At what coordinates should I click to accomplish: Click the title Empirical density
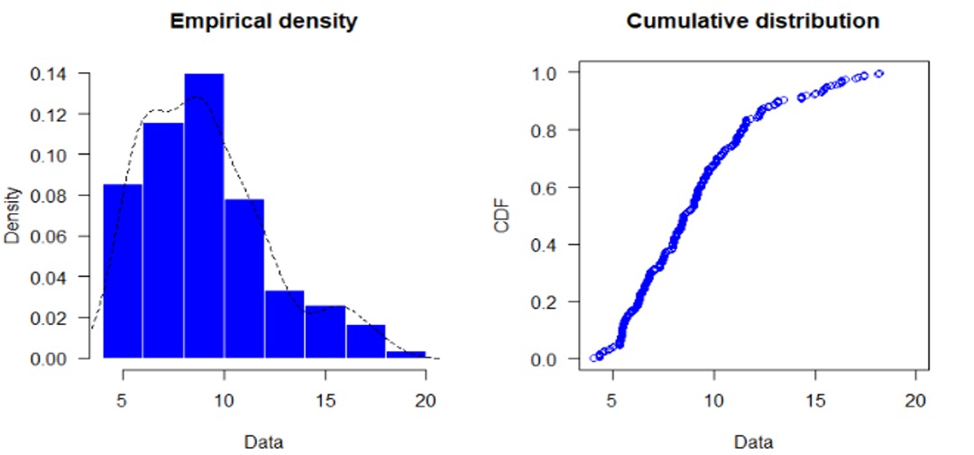[263, 23]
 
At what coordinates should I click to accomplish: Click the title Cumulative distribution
[753, 22]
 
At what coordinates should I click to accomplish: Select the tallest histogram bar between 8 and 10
[204, 217]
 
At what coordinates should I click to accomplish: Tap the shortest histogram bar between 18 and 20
[406, 355]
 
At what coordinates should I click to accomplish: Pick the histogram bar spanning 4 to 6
[123, 271]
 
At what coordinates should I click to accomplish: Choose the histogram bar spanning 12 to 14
[284, 324]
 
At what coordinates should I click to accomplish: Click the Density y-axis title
[13, 216]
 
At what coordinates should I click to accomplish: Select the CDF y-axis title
[501, 216]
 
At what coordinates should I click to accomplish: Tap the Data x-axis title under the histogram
[264, 441]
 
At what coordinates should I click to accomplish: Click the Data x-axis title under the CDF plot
[754, 441]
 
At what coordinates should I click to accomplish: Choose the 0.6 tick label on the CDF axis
[545, 187]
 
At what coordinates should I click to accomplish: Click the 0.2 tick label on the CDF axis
[545, 302]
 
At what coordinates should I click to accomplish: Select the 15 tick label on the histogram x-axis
[325, 400]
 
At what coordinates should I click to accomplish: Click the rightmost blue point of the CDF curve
[878, 74]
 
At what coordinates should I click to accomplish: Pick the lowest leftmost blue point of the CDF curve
[593, 357]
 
